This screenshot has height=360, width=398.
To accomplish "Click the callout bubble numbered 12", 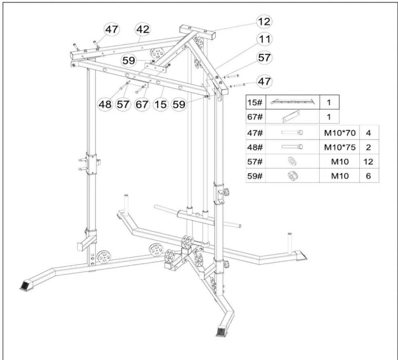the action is click(x=264, y=22).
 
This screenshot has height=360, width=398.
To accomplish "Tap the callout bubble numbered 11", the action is click(x=265, y=39).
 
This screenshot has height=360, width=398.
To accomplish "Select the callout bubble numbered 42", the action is click(x=143, y=30).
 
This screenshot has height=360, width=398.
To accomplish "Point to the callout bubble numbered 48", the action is click(x=105, y=104).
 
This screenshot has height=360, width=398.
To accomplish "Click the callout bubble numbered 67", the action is click(x=142, y=104).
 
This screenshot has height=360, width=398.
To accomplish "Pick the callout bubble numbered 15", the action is click(x=160, y=104).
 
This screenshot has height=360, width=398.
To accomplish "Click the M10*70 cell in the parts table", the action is click(x=340, y=133).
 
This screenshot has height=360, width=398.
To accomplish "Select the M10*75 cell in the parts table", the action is click(x=340, y=147).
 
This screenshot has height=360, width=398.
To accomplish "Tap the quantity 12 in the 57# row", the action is click(x=368, y=162).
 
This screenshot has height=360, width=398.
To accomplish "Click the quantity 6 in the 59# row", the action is click(x=368, y=176).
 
